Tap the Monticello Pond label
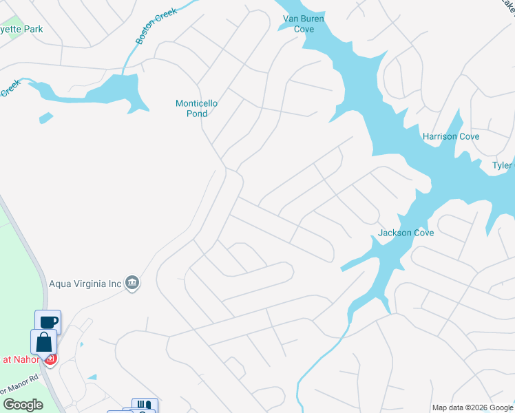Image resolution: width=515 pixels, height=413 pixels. coord(196,109)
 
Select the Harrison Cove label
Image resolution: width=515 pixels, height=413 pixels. coord(451,136)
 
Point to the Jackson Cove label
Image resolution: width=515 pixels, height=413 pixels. coord(406,233)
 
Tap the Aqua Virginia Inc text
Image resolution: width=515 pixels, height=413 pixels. coord(85,282)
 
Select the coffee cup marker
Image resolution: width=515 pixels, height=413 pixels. coord(48,322)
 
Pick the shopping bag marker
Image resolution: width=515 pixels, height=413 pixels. coord(43,342)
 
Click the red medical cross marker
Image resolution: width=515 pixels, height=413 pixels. coord(50,359)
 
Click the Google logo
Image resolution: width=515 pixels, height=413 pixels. coord(23,405)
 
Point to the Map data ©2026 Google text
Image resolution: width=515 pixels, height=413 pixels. coord(472,407)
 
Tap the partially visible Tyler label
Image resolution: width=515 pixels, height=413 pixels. coord(503,165)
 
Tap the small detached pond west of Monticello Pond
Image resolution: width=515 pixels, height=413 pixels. coord(46,118)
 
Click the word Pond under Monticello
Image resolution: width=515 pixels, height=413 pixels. coord(196,114)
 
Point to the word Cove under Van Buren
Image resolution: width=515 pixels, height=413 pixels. coord(304,29)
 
